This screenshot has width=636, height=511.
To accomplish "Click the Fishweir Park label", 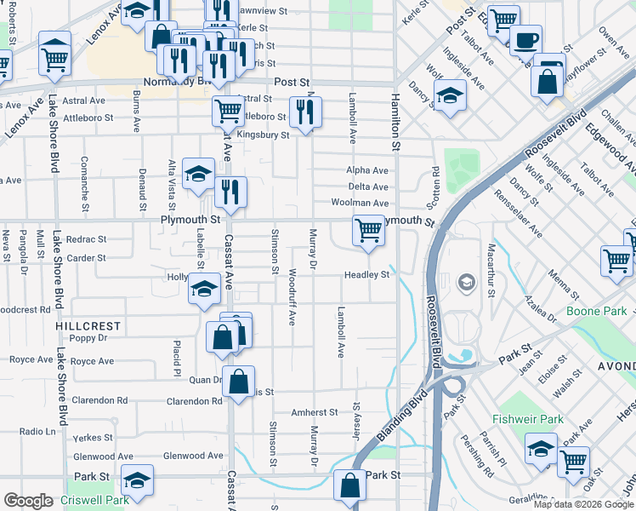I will [527, 420].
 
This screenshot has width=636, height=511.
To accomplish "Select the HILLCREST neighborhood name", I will [83, 326].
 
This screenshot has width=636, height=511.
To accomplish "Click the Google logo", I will [28, 501].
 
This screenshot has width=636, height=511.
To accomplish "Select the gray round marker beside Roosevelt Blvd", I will [466, 282].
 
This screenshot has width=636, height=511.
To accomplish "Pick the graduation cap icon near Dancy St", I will [449, 96].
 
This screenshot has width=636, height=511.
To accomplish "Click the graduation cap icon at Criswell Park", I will [137, 479].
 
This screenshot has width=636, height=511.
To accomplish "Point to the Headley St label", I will [366, 275].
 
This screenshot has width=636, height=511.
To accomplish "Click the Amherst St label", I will [315, 412].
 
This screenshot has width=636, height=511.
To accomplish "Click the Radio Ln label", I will [37, 431].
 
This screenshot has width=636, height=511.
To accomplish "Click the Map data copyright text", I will [582, 504].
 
